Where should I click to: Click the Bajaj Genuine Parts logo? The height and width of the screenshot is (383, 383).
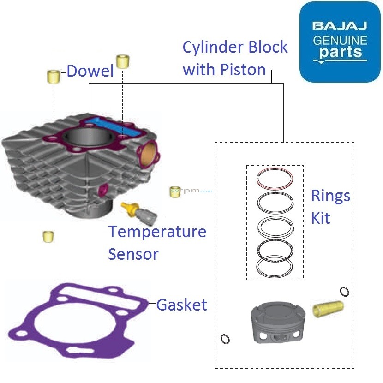340,42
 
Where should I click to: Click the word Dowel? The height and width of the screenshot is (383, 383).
90,71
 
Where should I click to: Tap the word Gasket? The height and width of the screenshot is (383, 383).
181,305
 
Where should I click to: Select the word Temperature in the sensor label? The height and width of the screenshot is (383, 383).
157,232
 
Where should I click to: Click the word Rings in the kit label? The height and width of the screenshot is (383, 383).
330,196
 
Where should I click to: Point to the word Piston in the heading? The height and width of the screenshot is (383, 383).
243,70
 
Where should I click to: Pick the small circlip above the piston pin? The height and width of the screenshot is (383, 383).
344,291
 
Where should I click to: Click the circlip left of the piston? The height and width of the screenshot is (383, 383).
226,339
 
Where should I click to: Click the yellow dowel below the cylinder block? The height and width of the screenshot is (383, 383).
47,236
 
